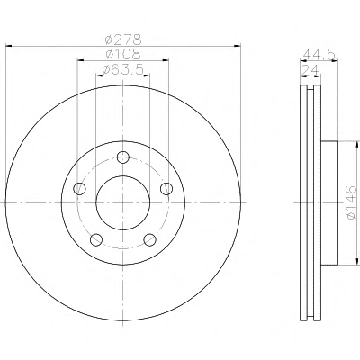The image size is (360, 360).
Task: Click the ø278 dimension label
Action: (x=123, y=40)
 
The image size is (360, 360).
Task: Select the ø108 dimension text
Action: (x=123, y=54)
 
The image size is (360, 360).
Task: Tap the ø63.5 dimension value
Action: (x=122, y=69)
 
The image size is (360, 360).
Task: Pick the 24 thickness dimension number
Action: (x=310, y=70)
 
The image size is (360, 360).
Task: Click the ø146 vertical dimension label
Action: (x=351, y=202)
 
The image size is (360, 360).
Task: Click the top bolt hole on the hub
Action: (x=123, y=157)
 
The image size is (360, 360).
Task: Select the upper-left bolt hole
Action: (x=79, y=189)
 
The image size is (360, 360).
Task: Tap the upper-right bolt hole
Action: (x=166, y=189)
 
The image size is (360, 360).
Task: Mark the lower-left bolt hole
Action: (x=96, y=239)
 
